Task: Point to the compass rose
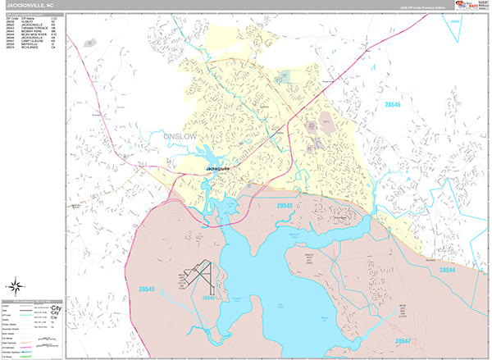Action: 15,285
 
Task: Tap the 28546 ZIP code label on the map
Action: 394,105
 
